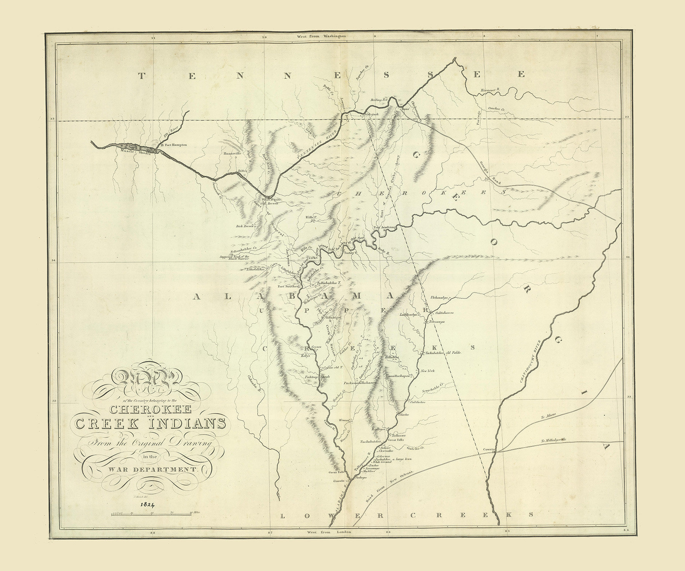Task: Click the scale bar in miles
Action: (151, 514)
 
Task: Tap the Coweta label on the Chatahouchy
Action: (488, 449)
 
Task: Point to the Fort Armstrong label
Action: (385, 227)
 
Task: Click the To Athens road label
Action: (548, 416)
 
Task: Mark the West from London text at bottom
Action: (325, 531)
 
